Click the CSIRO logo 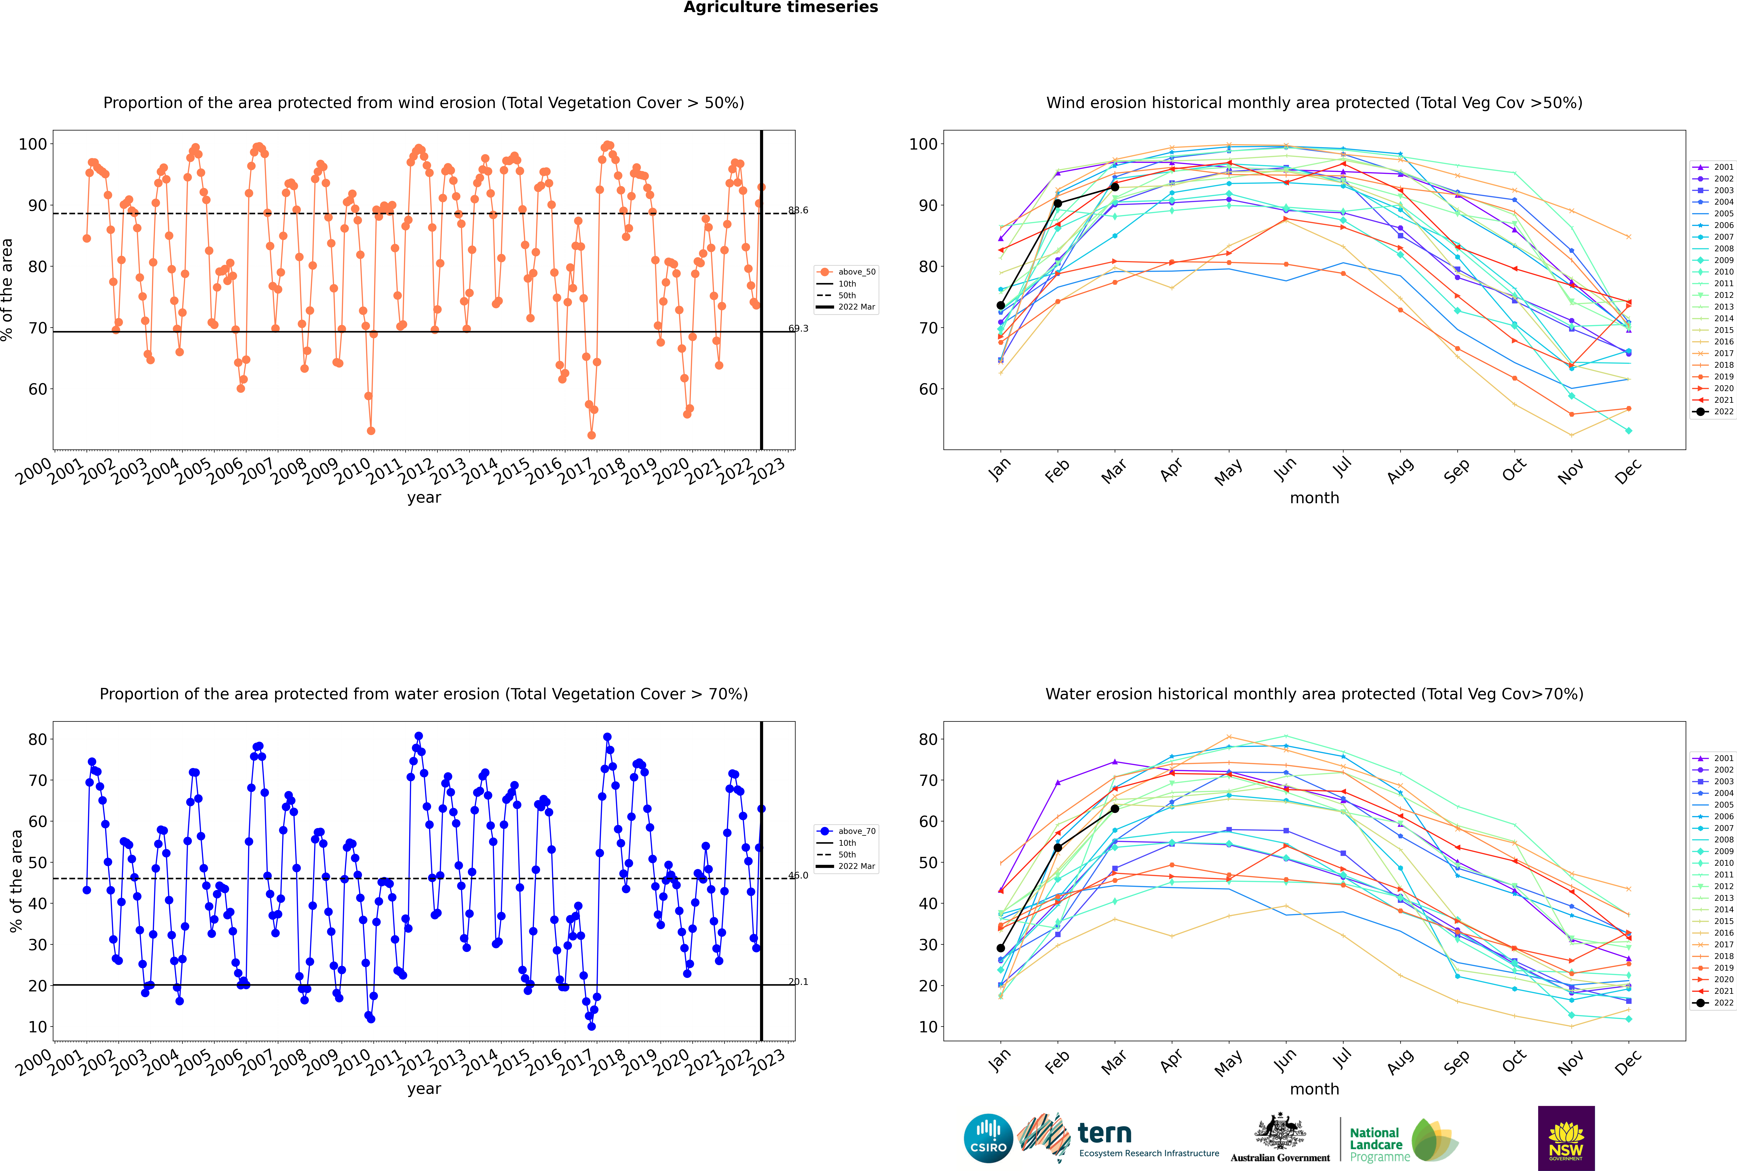[x=988, y=1138]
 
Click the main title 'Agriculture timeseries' [x=780, y=7]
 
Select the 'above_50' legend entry [x=856, y=272]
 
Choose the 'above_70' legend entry [x=856, y=831]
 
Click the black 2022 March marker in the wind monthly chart [x=1115, y=187]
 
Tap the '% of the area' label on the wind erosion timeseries [x=7, y=290]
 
